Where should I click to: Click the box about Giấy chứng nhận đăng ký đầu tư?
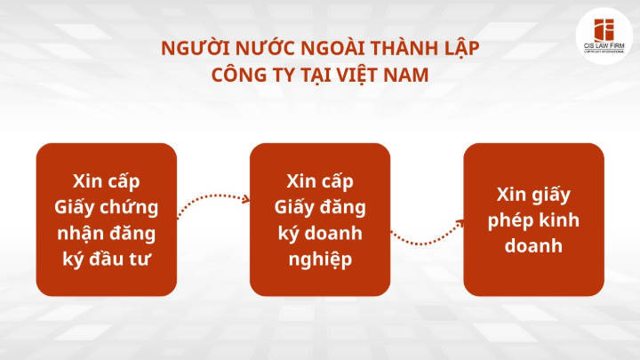(x=107, y=220)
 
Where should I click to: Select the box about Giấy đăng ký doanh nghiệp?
(x=320, y=220)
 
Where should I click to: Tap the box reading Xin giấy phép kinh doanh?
(x=534, y=220)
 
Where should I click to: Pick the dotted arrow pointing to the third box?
(x=428, y=234)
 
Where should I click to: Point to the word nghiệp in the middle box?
(x=320, y=260)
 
